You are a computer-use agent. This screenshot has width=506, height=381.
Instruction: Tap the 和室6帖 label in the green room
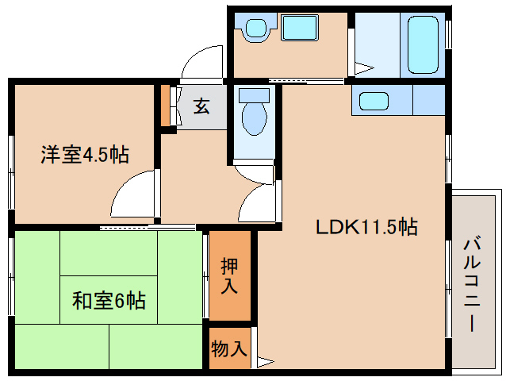pos(109,301)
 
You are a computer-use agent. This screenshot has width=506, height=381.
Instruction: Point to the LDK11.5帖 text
pos(366,228)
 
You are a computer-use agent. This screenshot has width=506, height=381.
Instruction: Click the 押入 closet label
pos(230,276)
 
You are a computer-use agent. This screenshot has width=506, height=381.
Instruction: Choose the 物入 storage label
pos(230,348)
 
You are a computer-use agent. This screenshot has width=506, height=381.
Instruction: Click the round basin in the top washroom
pos(255,29)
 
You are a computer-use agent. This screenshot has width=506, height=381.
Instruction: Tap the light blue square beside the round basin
pos(300,29)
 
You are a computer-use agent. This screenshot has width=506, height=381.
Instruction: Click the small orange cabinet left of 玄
pos(165,104)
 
